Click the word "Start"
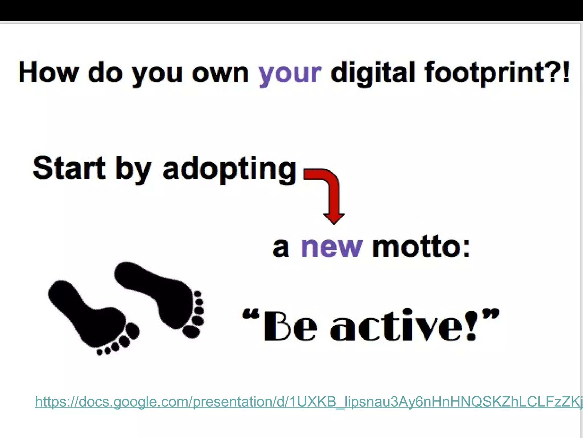69,168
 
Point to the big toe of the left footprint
132,331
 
